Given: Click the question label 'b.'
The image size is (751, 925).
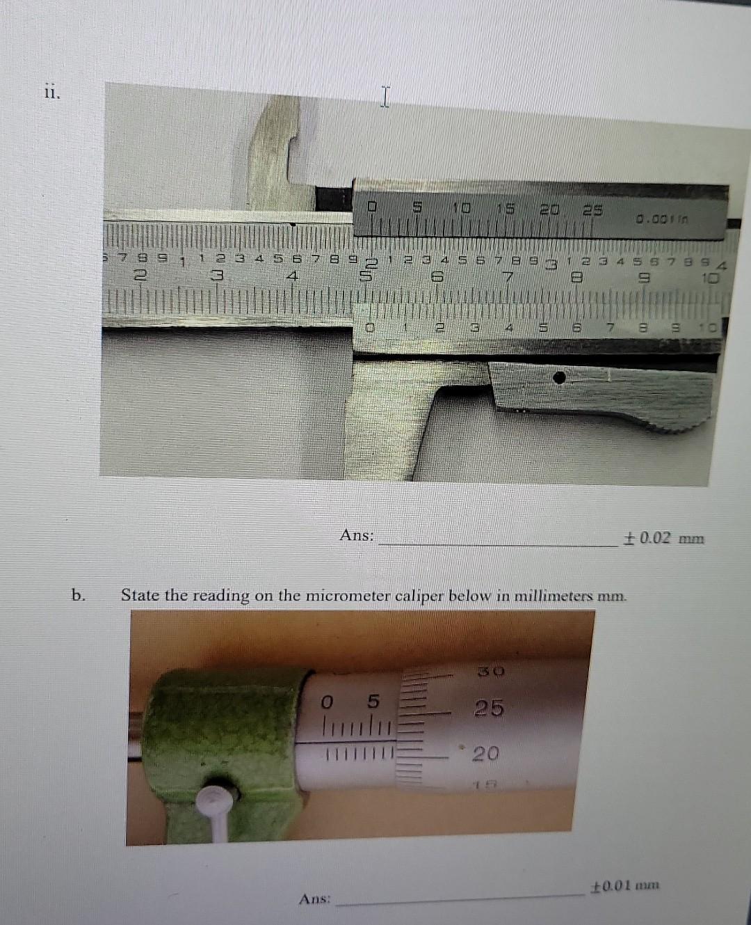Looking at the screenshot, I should (79, 595).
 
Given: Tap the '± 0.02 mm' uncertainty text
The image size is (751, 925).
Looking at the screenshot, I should (664, 538).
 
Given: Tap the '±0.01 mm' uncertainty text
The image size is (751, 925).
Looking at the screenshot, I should (624, 886).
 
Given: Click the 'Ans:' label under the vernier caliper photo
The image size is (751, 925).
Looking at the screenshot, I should (356, 535).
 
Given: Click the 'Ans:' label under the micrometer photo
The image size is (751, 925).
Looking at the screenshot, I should (314, 899).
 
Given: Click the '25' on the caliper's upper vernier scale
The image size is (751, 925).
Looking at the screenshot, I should (592, 209).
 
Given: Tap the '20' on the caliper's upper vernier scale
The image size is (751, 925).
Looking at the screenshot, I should (550, 209).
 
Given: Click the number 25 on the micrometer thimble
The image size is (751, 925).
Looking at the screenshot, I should (489, 709).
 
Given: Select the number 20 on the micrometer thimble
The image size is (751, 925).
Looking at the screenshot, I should (486, 753).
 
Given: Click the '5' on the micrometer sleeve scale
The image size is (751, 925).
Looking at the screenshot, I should (373, 702).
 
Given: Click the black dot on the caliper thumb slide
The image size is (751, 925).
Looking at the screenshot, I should (558, 377).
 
